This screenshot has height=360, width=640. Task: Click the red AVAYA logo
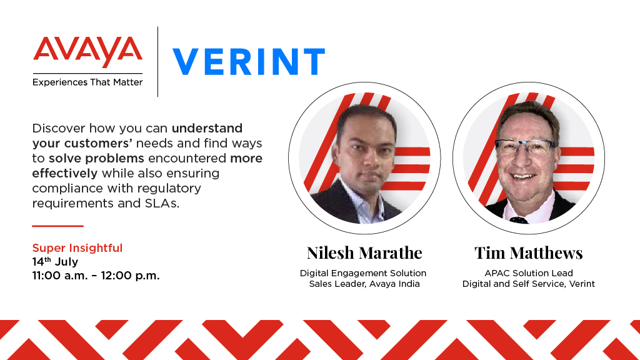coord(87,53)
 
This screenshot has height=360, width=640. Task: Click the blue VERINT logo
coord(249,62)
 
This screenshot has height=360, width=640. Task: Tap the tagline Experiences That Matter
coord(87,82)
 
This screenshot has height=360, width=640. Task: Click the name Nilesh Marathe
coord(364,252)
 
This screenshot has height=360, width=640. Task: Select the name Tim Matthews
coord(529,252)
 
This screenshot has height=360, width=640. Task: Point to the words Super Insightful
coord(77,248)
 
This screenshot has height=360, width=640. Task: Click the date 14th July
coord(55,261)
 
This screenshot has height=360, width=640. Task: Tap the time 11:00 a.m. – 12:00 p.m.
coord(96,275)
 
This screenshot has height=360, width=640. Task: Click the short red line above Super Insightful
coord(57,226)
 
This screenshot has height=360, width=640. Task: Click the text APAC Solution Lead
coord(529,273)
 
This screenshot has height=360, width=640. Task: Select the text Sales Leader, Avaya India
coord(364,284)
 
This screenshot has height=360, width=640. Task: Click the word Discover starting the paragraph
coord(58,129)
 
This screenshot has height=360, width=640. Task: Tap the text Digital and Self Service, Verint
coord(529,284)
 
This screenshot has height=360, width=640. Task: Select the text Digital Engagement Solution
coord(363,273)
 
